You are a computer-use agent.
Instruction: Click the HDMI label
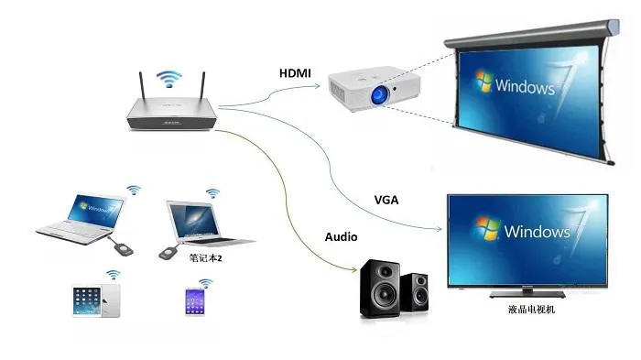click(294, 71)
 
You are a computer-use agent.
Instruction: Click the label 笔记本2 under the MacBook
click(206, 258)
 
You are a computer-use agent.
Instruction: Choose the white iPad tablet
click(97, 300)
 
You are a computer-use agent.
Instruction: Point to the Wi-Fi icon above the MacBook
click(213, 193)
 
